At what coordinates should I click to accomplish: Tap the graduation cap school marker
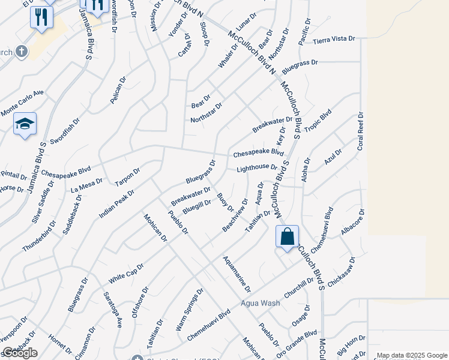pyautogui.click(x=25, y=124)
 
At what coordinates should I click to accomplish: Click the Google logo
pyautogui.click(x=20, y=352)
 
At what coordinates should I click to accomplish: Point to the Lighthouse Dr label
pyautogui.click(x=256, y=169)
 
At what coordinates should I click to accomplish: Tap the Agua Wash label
pyautogui.click(x=261, y=303)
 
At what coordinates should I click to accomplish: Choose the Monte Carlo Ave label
pyautogui.click(x=23, y=103)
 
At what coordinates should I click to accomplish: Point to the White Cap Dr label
pyautogui.click(x=127, y=274)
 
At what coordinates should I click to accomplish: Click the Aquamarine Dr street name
pyautogui.click(x=237, y=274)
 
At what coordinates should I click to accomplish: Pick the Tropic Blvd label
pyautogui.click(x=318, y=121)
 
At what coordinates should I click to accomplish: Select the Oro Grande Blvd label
pyautogui.click(x=295, y=342)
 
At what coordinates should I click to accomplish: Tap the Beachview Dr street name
pyautogui.click(x=235, y=215)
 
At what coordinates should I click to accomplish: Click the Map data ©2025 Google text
pyautogui.click(x=412, y=355)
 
